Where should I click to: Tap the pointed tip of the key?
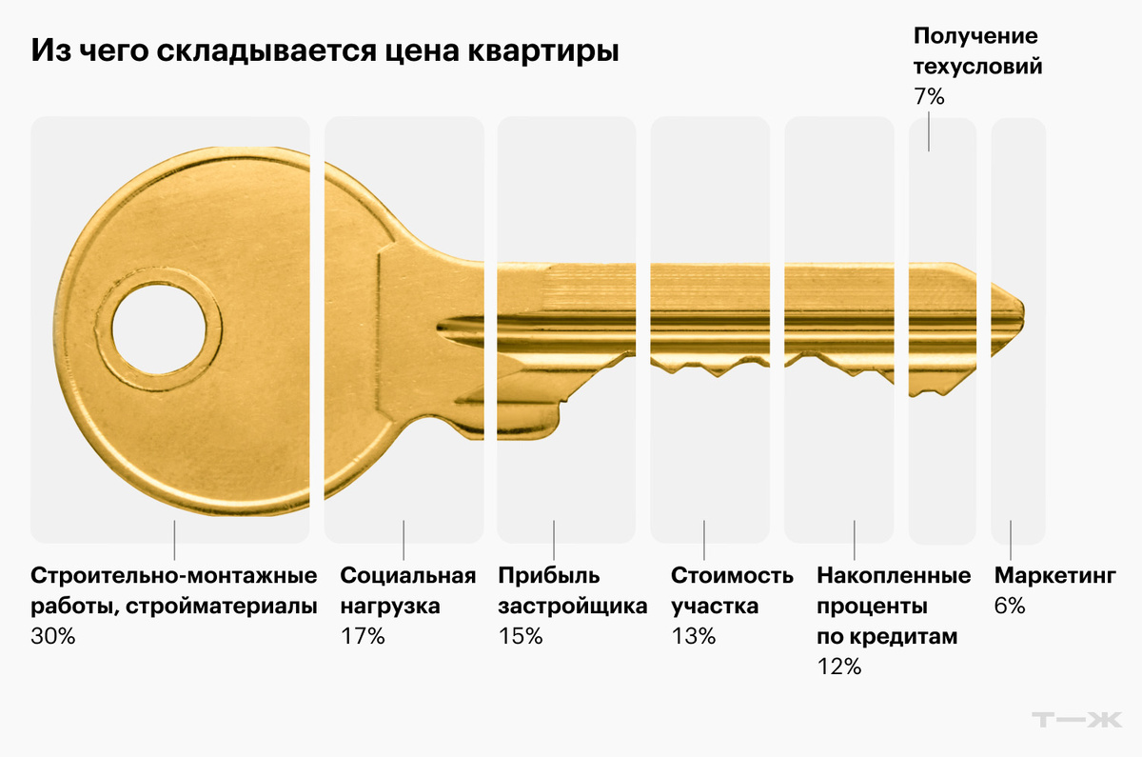[1024, 310]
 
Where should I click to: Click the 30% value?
[53, 636]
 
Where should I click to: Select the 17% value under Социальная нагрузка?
[363, 636]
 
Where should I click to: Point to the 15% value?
[520, 636]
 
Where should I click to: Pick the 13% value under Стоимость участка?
[694, 636]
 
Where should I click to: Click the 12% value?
[839, 667]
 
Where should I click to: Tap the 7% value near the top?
[929, 96]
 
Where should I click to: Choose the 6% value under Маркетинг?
[1010, 606]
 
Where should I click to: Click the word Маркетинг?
[1054, 576]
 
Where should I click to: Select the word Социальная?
[408, 576]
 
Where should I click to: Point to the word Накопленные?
[894, 576]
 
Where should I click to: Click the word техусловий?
[978, 67]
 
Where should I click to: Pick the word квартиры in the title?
[543, 52]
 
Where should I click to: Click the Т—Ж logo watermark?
[1077, 720]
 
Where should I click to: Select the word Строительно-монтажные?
[174, 576]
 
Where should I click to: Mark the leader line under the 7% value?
[929, 131]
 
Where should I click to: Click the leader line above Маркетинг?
[1011, 540]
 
